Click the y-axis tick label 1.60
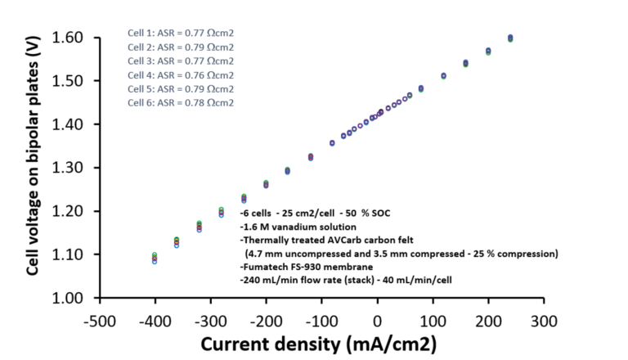tap(67, 38)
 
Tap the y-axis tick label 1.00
tap(67, 298)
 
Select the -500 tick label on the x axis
tap(100, 322)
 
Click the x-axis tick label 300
tap(544, 322)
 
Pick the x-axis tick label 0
tap(377, 322)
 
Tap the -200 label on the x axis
tap(266, 322)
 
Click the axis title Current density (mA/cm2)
tap(318, 344)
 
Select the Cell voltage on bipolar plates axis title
tap(33, 156)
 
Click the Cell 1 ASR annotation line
tap(181, 34)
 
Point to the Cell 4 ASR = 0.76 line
tap(181, 75)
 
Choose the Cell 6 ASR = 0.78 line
tap(181, 103)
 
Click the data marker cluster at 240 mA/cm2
tap(510, 38)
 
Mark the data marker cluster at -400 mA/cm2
tap(155, 259)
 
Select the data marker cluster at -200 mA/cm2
tap(266, 184)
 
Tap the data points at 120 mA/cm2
tap(444, 76)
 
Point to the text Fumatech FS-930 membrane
tap(307, 267)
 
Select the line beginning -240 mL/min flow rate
tap(346, 280)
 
